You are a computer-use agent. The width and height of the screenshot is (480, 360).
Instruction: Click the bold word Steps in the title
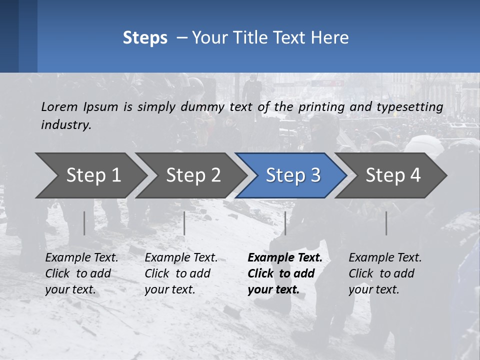click(145, 38)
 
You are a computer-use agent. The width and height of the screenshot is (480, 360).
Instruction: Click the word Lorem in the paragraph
click(59, 106)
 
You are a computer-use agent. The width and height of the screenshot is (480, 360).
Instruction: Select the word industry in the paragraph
click(66, 125)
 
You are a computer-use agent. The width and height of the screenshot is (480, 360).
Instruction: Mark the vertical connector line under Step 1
click(84, 223)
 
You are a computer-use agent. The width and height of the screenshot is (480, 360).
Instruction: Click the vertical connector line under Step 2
click(184, 223)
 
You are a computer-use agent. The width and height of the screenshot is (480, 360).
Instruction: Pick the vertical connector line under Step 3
click(285, 223)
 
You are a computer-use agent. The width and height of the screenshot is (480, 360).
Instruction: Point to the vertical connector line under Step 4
click(386, 223)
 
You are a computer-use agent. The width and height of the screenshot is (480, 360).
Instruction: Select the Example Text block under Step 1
click(81, 273)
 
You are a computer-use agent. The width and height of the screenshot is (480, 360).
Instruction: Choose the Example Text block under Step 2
click(181, 273)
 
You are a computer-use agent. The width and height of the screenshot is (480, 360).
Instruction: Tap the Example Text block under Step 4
click(385, 273)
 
